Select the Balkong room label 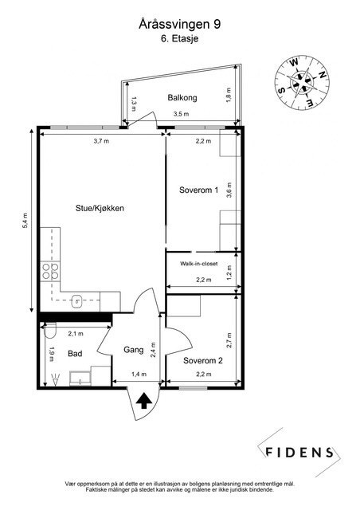(182, 97)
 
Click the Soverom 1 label (198, 190)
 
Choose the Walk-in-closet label (198, 262)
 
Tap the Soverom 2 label (202, 360)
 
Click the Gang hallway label (133, 350)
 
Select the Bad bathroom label (75, 353)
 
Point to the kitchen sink (77, 300)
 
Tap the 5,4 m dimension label (25, 221)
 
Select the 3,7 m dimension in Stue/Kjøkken (100, 141)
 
